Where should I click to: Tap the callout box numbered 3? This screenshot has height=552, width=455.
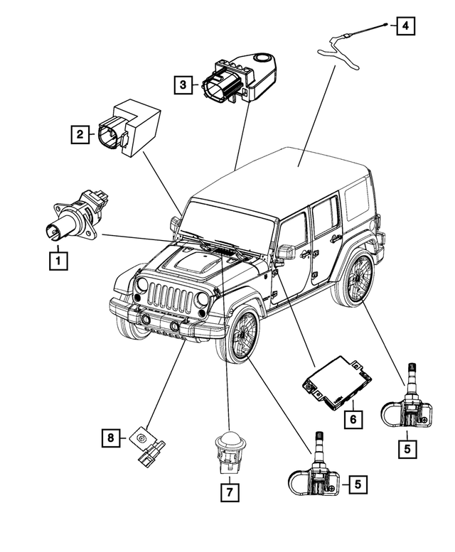coord(183,86)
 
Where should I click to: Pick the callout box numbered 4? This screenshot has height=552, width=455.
coord(405,27)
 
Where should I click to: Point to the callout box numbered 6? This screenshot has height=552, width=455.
coord(351,418)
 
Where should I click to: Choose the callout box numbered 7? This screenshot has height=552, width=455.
coord(230,490)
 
